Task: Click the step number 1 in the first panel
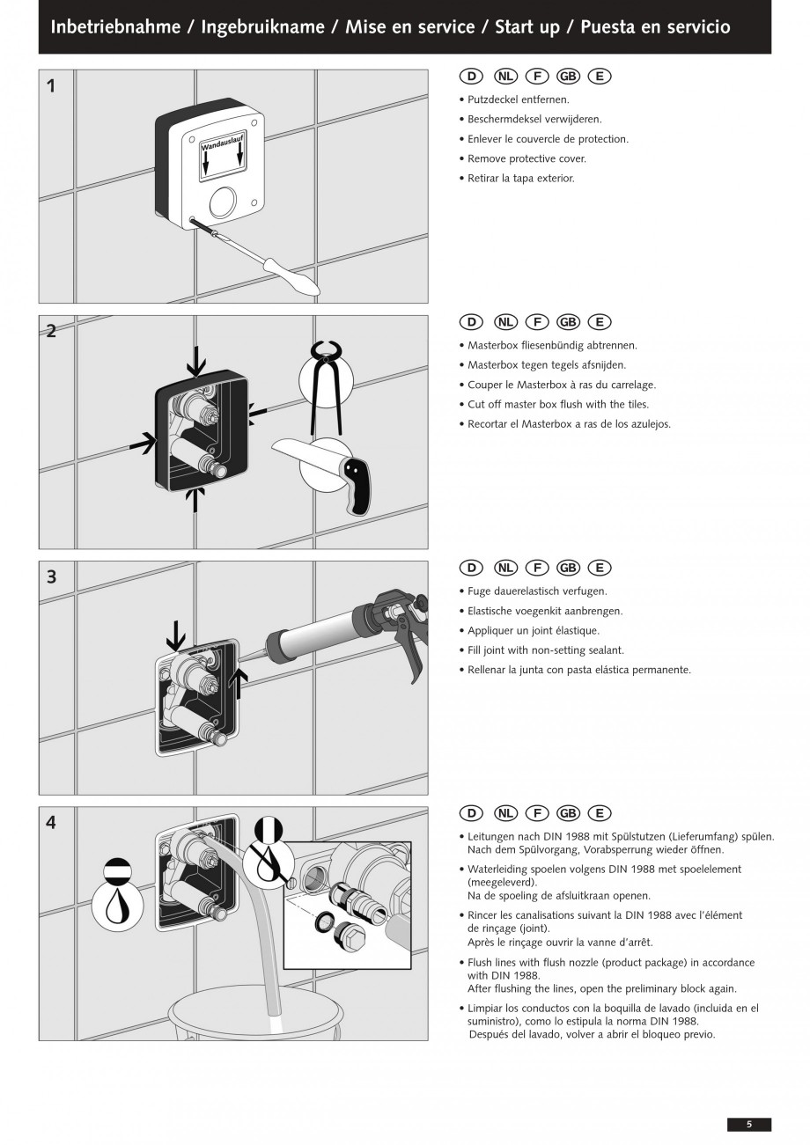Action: (51, 86)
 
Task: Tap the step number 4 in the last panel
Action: (51, 823)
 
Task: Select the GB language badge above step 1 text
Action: (568, 77)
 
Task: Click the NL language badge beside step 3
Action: (505, 568)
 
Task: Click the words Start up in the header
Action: (527, 26)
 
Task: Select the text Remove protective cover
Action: (526, 158)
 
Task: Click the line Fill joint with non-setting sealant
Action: (546, 650)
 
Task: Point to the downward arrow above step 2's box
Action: (196, 361)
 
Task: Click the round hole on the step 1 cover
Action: (223, 201)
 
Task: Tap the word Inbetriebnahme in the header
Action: (115, 26)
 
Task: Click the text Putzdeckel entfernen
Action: (519, 99)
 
